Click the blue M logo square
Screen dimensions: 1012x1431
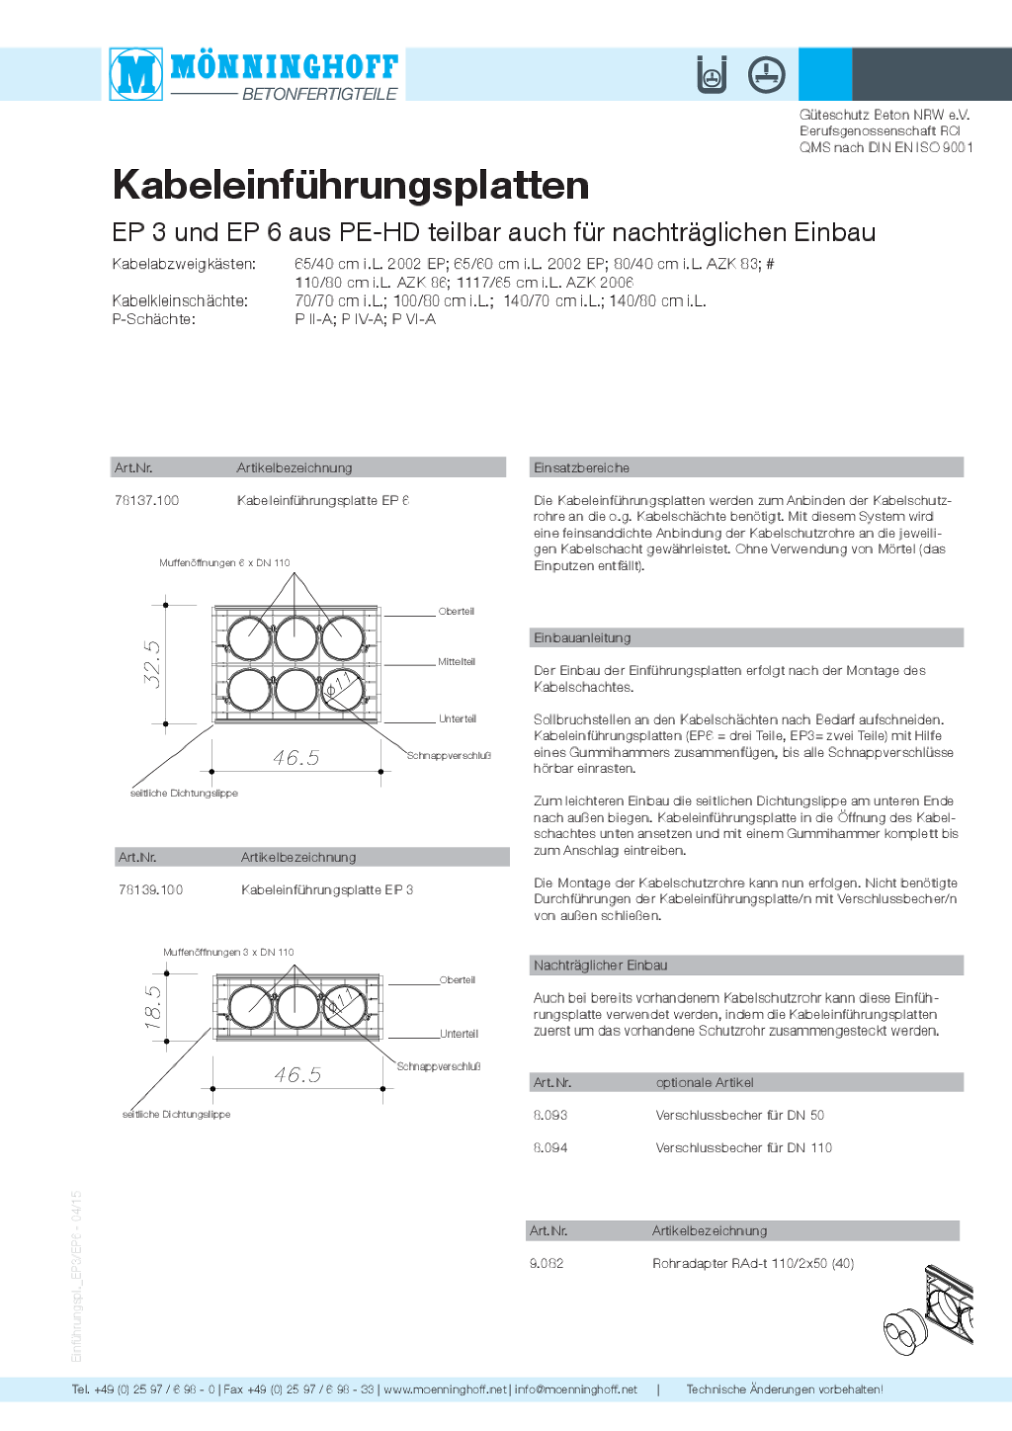pyautogui.click(x=135, y=74)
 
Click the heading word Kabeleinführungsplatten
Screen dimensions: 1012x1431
pyautogui.click(x=351, y=186)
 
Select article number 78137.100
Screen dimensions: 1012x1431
pyautogui.click(x=146, y=501)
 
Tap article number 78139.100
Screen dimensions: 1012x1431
pyautogui.click(x=151, y=889)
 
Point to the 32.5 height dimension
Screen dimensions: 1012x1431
pyautogui.click(x=153, y=664)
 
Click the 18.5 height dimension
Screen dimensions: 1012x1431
pyautogui.click(x=153, y=1007)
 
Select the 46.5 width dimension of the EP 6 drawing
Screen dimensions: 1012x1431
pyautogui.click(x=295, y=758)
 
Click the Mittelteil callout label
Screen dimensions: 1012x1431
pyautogui.click(x=457, y=662)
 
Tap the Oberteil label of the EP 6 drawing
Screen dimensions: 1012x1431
pyautogui.click(x=457, y=612)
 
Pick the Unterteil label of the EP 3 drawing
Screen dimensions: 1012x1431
pyautogui.click(x=459, y=1034)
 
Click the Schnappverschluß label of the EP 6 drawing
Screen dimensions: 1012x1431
pyautogui.click(x=449, y=756)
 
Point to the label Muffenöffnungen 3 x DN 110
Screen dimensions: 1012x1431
pyautogui.click(x=228, y=952)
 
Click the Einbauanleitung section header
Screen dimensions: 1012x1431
pyautogui.click(x=582, y=637)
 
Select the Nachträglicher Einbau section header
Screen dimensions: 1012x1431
pyautogui.click(x=601, y=966)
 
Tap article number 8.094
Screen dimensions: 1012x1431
pyautogui.click(x=550, y=1148)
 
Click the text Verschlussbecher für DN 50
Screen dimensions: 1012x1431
pyautogui.click(x=740, y=1116)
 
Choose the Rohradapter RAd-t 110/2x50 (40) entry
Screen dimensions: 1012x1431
pyautogui.click(x=753, y=1264)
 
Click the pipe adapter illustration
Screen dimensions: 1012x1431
pyautogui.click(x=928, y=1310)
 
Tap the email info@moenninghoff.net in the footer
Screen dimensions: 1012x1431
pyautogui.click(x=576, y=1389)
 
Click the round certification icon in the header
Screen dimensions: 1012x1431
pyautogui.click(x=767, y=75)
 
